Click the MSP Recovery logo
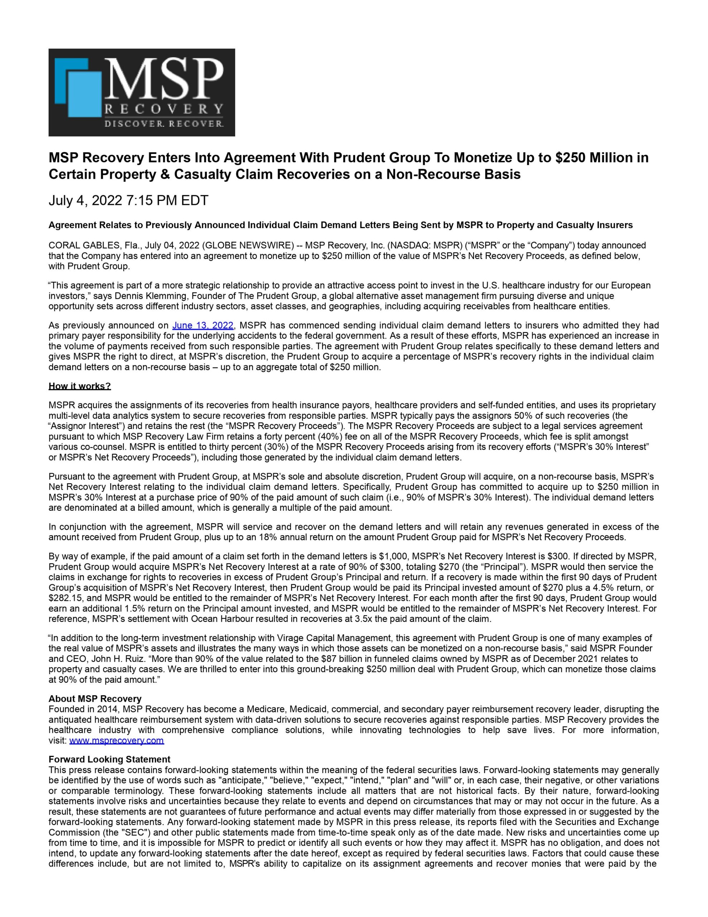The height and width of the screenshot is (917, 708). click(141, 92)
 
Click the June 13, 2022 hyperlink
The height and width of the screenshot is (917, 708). click(203, 325)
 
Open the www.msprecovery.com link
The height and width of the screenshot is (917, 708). click(116, 740)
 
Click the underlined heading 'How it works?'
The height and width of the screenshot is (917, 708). click(80, 386)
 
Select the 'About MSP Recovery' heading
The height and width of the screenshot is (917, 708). click(95, 698)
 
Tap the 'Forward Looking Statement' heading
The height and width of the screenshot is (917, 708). click(110, 759)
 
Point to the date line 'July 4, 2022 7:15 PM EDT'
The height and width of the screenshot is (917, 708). click(128, 201)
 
